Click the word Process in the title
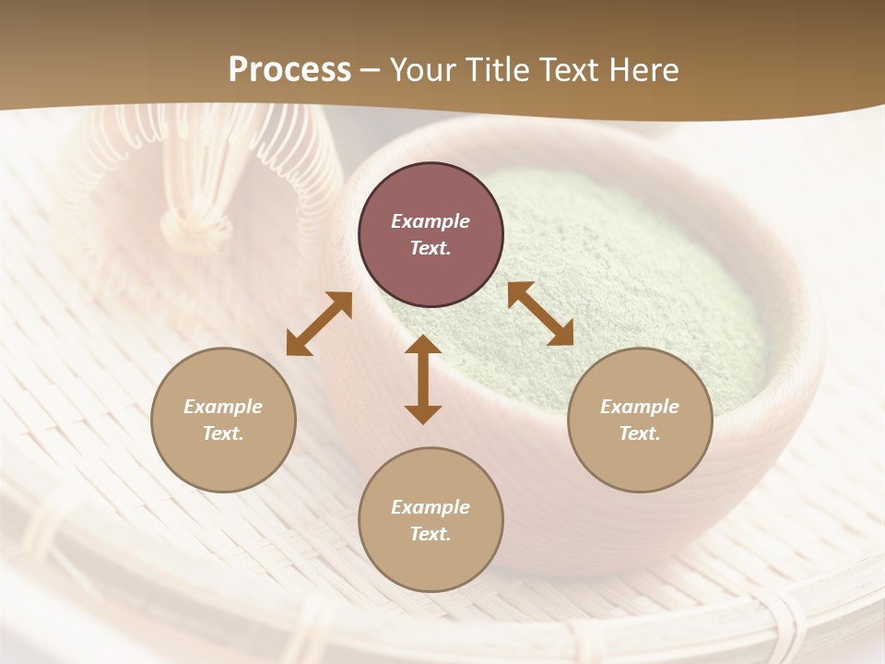[289, 70]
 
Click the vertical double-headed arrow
[423, 379]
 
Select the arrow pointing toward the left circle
[319, 324]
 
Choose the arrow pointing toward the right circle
[540, 314]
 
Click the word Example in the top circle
[431, 221]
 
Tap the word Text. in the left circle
[223, 433]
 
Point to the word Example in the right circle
[640, 407]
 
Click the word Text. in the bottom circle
[431, 534]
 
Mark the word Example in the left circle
[223, 407]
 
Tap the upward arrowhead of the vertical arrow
[423, 346]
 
